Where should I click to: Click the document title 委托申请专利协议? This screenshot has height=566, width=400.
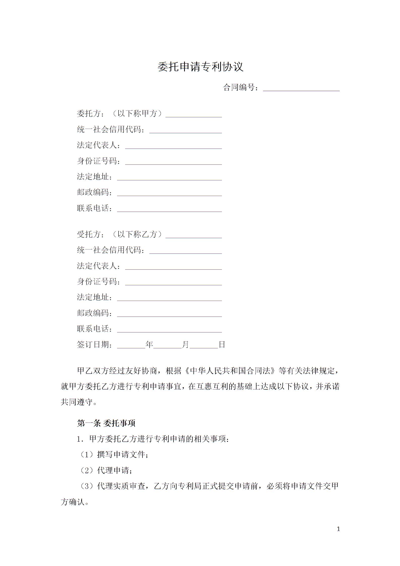pos(200,67)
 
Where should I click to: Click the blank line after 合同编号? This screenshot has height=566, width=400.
pos(301,88)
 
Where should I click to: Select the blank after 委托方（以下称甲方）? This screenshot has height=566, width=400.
pos(193,115)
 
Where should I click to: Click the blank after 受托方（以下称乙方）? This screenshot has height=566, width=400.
pos(193,236)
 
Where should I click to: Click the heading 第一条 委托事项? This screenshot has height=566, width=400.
pos(106,423)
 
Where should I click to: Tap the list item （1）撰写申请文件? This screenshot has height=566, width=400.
pos(113,455)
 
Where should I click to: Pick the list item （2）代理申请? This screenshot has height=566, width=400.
pos(105,470)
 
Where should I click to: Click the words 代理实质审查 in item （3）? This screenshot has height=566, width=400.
pos(122,486)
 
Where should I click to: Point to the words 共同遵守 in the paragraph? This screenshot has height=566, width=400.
pos(77,402)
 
